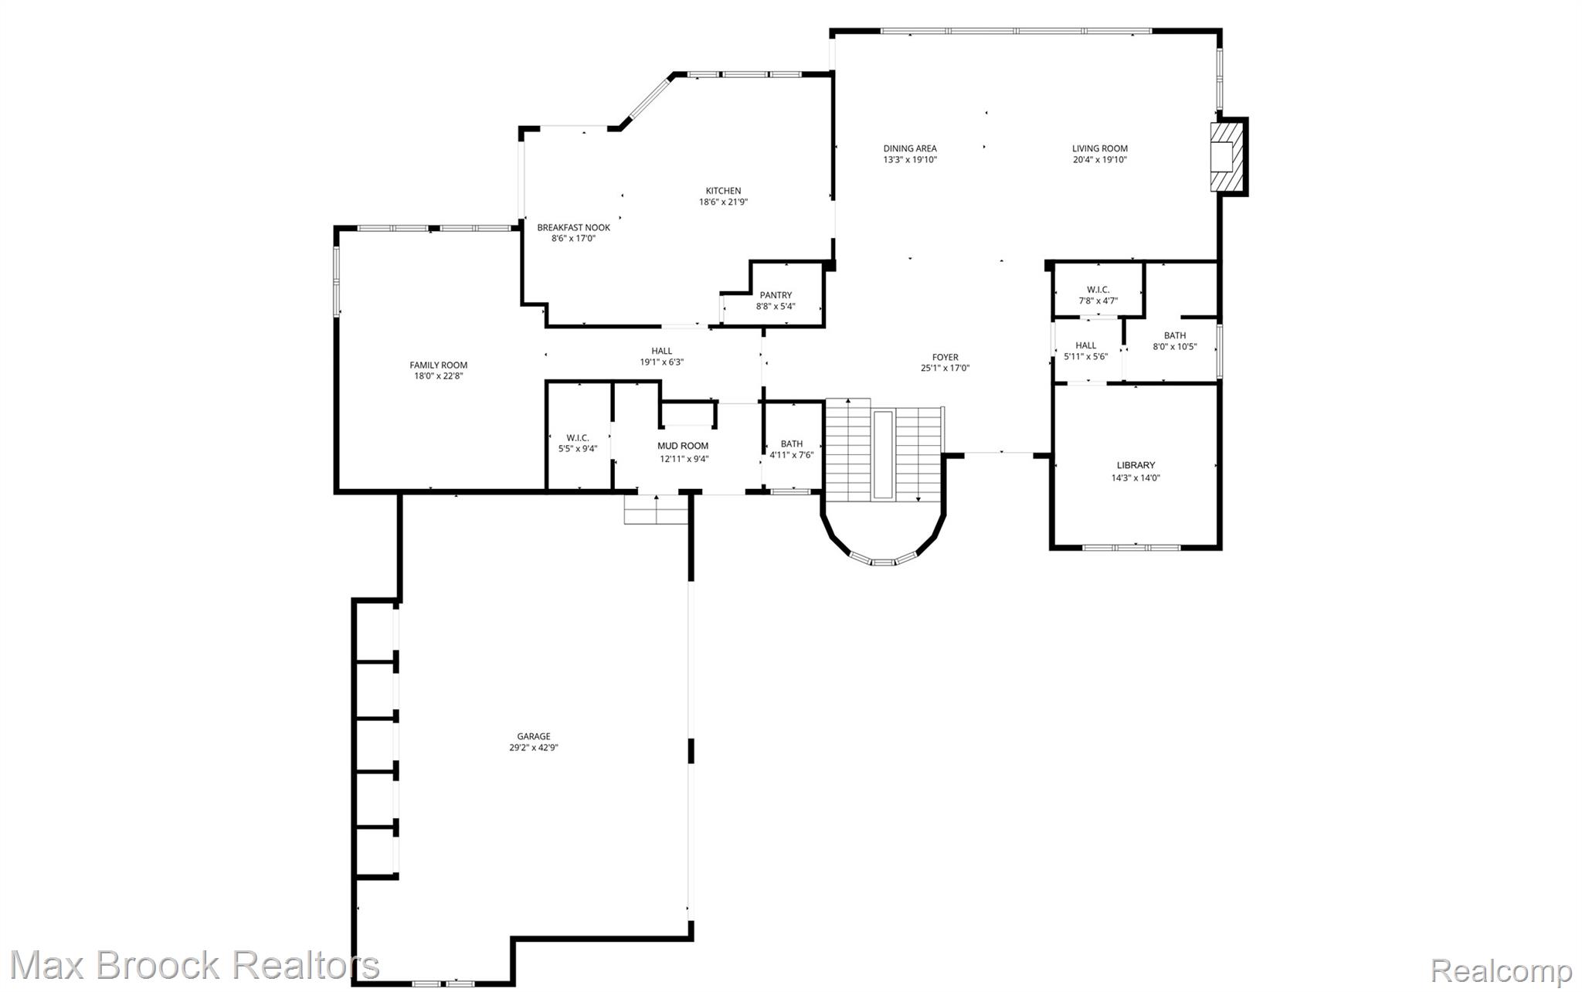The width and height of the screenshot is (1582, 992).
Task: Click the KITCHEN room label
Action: pyautogui.click(x=723, y=191)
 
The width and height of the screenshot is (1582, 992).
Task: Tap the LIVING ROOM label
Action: pyautogui.click(x=1099, y=148)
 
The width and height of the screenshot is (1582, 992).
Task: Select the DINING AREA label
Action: pyautogui.click(x=910, y=148)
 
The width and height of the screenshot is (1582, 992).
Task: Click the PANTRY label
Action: pyautogui.click(x=776, y=295)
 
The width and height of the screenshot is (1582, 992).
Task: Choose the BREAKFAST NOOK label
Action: pyautogui.click(x=573, y=227)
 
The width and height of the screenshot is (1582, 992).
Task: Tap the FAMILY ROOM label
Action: pyautogui.click(x=438, y=365)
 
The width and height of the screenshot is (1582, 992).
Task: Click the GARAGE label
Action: pyautogui.click(x=534, y=736)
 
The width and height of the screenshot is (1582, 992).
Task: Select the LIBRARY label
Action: pyautogui.click(x=1136, y=465)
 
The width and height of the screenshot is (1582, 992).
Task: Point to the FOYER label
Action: pyautogui.click(x=945, y=357)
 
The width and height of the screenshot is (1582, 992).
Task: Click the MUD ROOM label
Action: pyautogui.click(x=683, y=446)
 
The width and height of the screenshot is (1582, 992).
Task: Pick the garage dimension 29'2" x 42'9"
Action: pyautogui.click(x=534, y=747)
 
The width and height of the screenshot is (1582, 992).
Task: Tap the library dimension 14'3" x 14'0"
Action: pyautogui.click(x=1136, y=477)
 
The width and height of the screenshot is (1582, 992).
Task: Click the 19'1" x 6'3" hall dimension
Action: pyautogui.click(x=662, y=362)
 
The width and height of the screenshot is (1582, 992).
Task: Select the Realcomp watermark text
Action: pyautogui.click(x=1502, y=970)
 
